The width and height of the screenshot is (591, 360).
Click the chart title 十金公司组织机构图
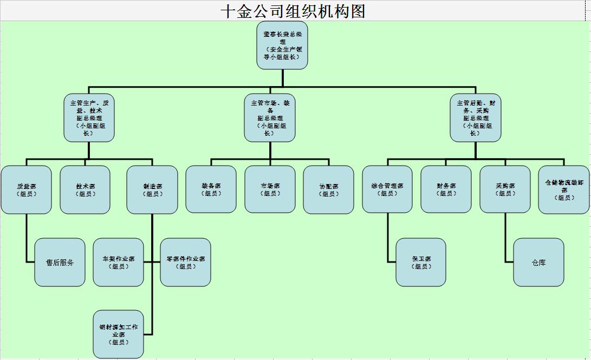pos(293,11)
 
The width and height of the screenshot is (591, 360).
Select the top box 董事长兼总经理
pos(282,45)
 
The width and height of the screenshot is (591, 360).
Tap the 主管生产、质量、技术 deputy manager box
pos(89,118)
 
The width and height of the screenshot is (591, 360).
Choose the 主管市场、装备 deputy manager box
pos(270,118)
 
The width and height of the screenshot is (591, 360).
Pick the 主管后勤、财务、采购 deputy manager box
pos(476,118)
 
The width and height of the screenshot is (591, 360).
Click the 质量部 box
pos(26,189)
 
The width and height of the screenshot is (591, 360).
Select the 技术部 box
pos(85,189)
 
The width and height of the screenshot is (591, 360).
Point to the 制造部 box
pos(152,189)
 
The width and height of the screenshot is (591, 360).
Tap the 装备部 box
pos(211,189)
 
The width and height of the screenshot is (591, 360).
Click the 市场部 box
pos(270,189)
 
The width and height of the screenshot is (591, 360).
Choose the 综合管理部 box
pos(387,189)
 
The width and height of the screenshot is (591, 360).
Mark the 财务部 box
pos(446,189)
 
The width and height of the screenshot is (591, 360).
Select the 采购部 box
pos(505,189)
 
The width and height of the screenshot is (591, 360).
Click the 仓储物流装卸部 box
pos(564,189)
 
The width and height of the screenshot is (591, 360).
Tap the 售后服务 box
pos(60,263)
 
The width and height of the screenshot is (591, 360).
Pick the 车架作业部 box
pos(118,263)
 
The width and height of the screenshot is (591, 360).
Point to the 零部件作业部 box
pos(185,263)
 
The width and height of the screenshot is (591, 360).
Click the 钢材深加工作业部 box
pos(118,335)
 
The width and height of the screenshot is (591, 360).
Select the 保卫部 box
pos(421,263)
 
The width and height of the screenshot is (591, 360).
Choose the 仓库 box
pos(538,263)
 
